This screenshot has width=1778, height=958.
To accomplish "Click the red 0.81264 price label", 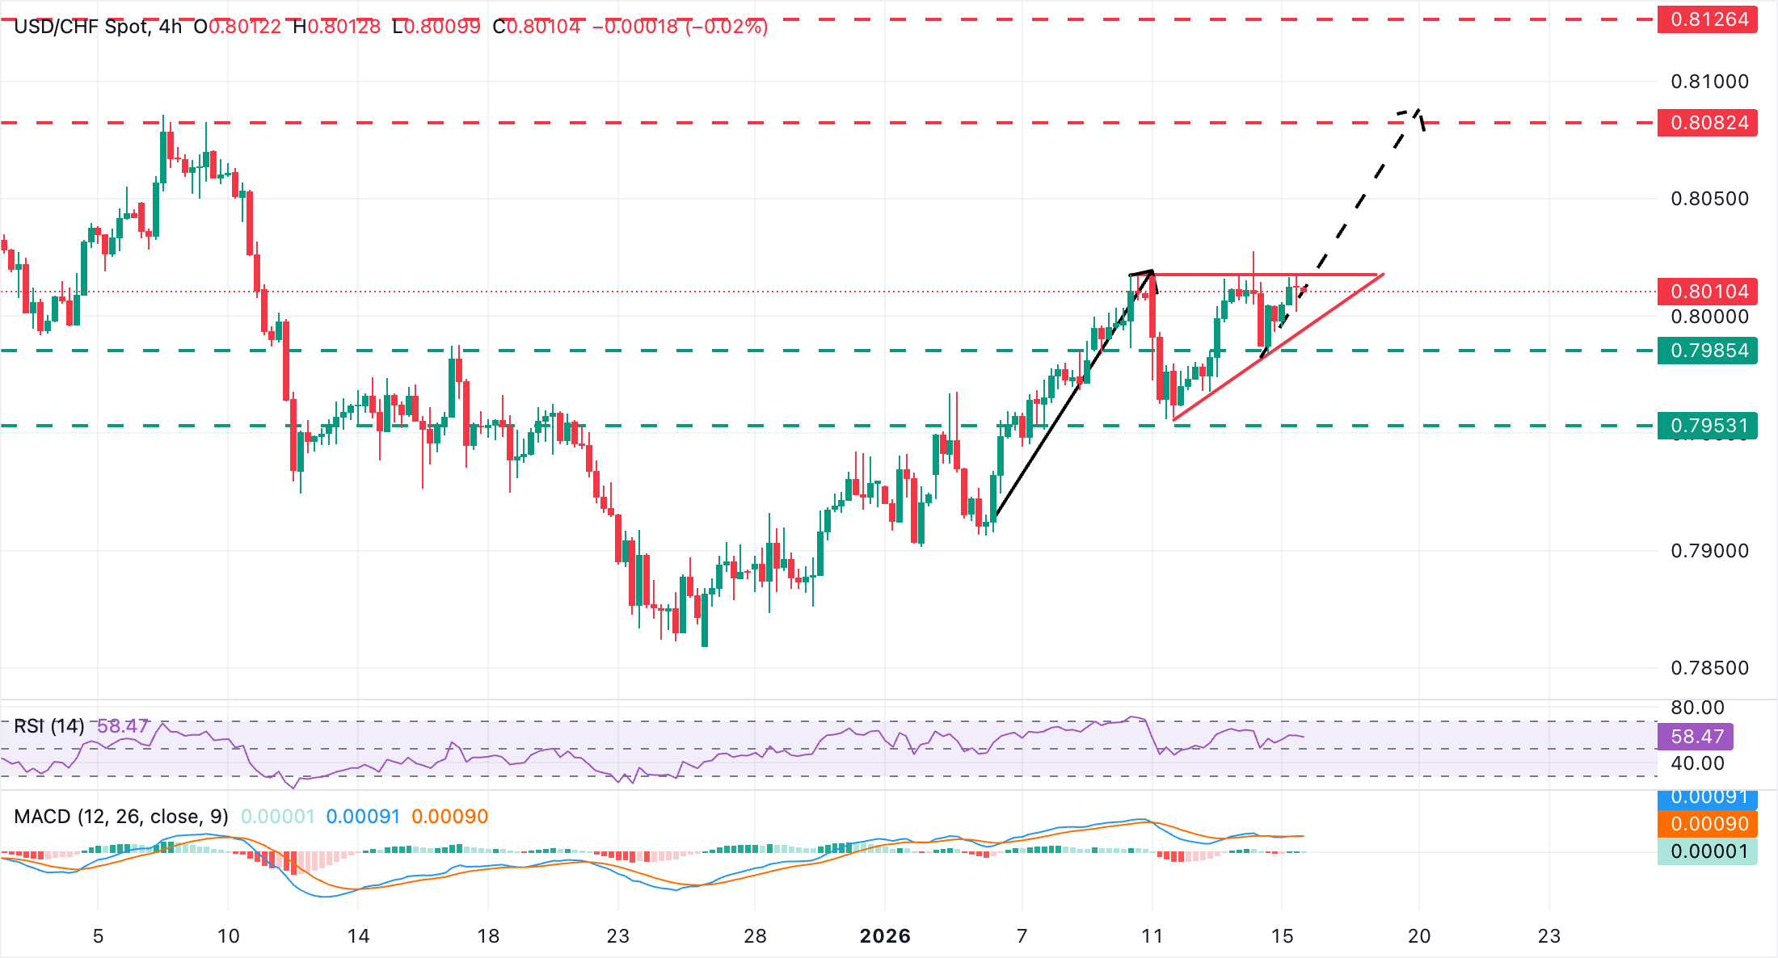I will [1707, 19].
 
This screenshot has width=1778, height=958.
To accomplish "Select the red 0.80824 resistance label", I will [1707, 123].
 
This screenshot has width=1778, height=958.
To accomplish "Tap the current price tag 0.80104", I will [1707, 292].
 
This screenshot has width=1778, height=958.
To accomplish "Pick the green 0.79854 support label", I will [1707, 351].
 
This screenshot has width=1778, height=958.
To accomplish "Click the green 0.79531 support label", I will [1707, 426].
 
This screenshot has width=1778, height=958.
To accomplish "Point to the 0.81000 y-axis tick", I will [1709, 82].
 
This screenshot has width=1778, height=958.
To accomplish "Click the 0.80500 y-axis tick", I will [1709, 199].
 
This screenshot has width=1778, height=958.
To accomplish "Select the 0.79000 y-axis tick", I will [1709, 551].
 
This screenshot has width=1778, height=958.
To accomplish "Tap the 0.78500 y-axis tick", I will [1709, 668].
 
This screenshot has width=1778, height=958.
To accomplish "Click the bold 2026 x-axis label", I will [885, 936].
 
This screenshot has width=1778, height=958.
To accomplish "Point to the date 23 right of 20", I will [1548, 936].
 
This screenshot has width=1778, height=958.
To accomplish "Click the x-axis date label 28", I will [755, 936].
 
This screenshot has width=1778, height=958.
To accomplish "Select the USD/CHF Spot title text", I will [81, 27].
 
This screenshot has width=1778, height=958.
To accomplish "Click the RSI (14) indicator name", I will [49, 726].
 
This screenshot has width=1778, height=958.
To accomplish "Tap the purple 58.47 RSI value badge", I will [1696, 737].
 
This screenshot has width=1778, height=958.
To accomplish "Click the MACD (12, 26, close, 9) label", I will [121, 817].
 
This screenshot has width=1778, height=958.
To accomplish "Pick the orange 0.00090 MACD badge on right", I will [1707, 824].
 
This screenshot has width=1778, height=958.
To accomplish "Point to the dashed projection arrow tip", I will [1418, 110].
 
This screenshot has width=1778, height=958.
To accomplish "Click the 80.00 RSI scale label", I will [1697, 708].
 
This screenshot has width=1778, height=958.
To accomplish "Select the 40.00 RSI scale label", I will [1697, 763].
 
